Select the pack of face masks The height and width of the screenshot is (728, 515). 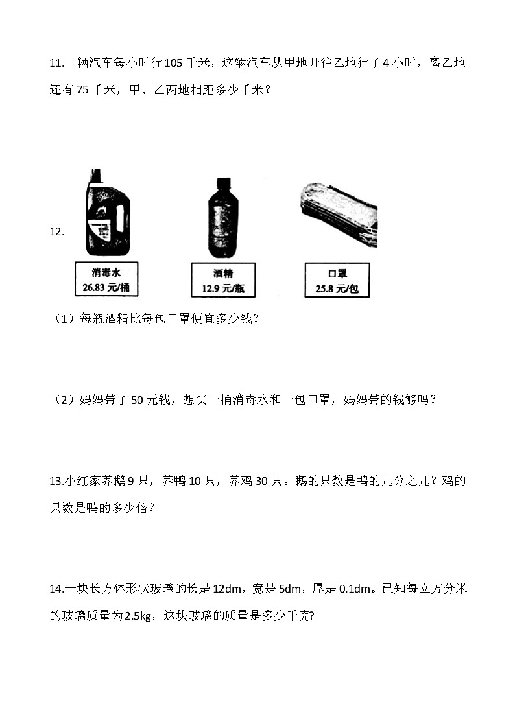click(339, 212)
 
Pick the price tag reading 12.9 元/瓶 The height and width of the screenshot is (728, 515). click(223, 280)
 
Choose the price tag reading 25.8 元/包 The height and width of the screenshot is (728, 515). click(337, 280)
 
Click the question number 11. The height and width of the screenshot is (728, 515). click(56, 63)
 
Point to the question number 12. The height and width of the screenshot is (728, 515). click(56, 232)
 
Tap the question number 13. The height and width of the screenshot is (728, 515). click(56, 481)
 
